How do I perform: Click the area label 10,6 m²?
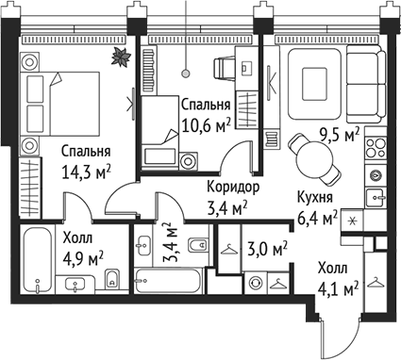[207, 124]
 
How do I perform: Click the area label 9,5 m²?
[340, 135]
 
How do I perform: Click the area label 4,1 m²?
[337, 291]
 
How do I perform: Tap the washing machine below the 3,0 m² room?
[255, 282]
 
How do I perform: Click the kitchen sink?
[376, 198]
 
